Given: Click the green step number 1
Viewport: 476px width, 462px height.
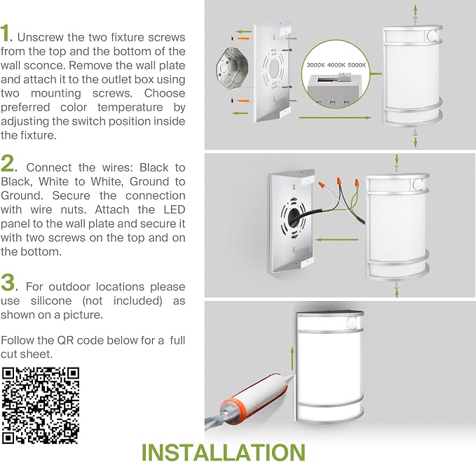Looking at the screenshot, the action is click(6, 34).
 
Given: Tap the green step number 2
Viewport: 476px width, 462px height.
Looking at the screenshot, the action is click(7, 163).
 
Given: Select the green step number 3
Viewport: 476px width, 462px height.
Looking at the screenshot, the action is click(7, 282).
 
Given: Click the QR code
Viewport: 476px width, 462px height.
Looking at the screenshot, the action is click(41, 405).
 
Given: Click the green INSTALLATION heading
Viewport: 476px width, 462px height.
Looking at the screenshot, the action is click(224, 452).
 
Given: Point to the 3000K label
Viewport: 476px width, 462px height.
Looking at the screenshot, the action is click(315, 65).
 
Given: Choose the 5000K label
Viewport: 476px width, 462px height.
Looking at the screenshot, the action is click(357, 65).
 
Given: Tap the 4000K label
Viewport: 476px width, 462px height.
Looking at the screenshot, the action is click(336, 65).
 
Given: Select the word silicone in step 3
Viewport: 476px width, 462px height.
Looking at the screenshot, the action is click(51, 301).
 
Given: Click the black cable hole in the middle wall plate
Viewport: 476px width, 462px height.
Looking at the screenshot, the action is click(294, 216).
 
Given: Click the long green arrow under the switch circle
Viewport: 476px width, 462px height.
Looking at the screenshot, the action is click(335, 118).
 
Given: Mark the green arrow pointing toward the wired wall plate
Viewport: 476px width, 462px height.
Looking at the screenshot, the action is click(336, 239).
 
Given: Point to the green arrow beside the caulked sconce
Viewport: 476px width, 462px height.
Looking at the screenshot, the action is click(292, 358).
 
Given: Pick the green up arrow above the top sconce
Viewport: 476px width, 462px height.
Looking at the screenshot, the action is click(416, 10).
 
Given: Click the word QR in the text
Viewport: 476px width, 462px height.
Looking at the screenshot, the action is click(66, 340).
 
